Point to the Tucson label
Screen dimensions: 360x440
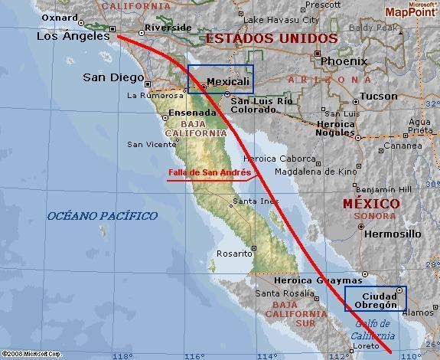pyautogui.click(x=379, y=96)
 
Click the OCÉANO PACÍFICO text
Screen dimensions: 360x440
pyautogui.click(x=103, y=216)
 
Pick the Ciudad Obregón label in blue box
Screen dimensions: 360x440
pyautogui.click(x=374, y=300)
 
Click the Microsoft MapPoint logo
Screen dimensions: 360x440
pyautogui.click(x=411, y=9)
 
